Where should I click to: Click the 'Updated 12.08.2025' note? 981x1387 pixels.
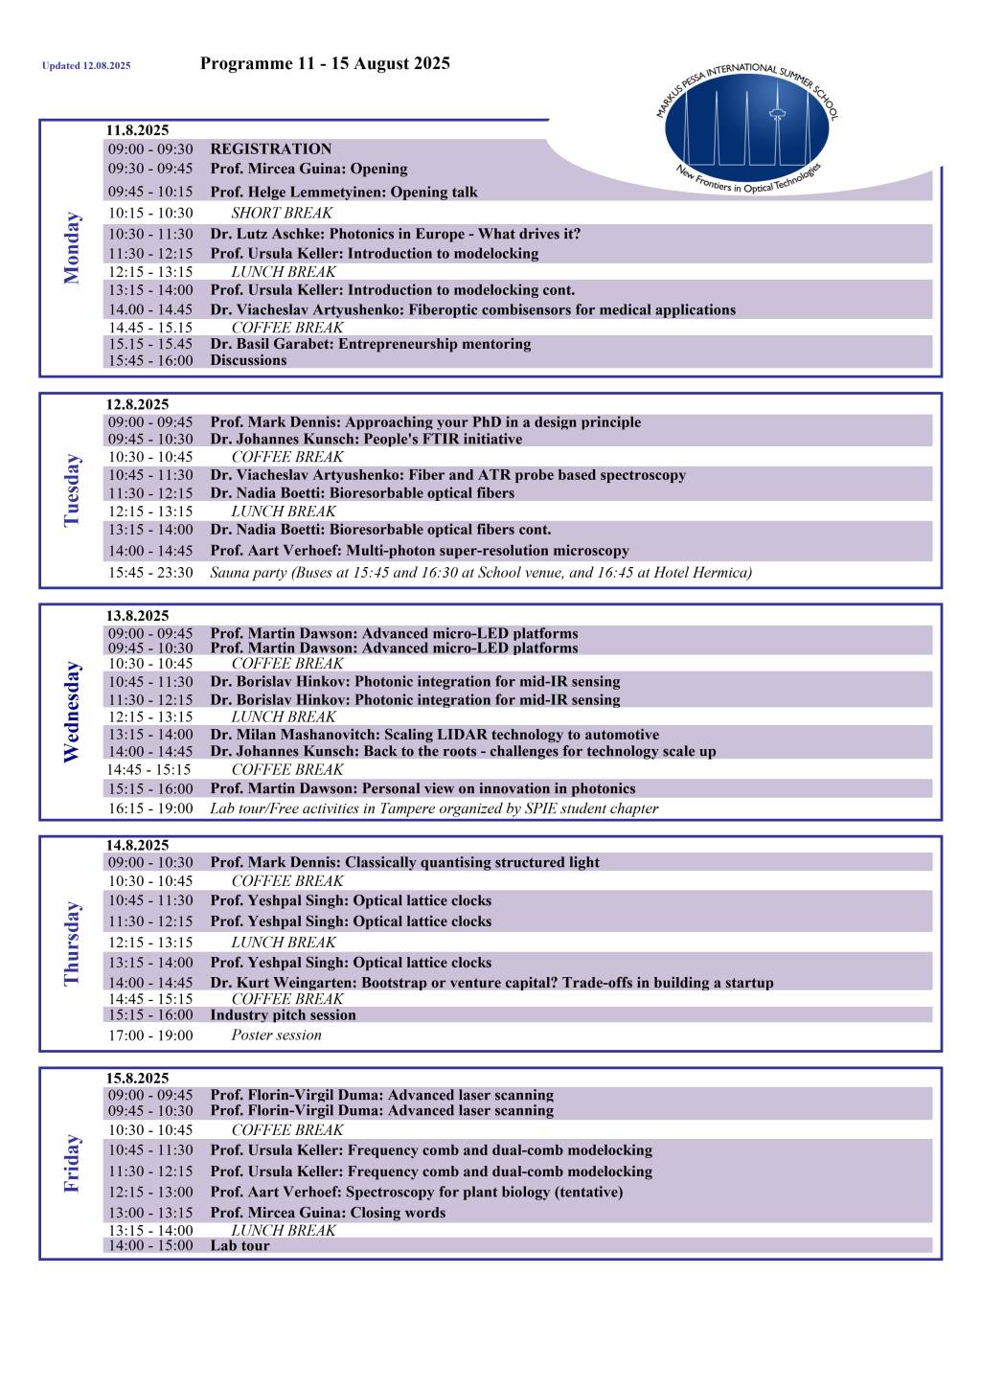(x=86, y=66)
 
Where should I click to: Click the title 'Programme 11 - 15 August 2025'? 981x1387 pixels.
(x=325, y=64)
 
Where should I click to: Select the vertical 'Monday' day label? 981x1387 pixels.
(x=72, y=248)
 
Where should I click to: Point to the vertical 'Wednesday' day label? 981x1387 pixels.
(x=72, y=712)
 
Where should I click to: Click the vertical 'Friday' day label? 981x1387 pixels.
(x=72, y=1164)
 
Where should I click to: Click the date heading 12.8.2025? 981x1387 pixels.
(x=137, y=404)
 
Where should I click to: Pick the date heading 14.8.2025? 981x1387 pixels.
(x=137, y=845)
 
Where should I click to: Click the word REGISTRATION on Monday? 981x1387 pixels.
(x=271, y=148)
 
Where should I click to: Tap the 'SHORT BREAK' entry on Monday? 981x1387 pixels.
(x=282, y=213)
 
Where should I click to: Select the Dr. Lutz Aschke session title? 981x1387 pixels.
(x=396, y=234)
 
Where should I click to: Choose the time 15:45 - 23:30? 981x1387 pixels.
(x=150, y=573)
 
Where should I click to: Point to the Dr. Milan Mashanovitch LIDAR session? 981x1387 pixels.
(x=435, y=735)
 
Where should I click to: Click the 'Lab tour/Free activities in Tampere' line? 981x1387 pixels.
(x=434, y=808)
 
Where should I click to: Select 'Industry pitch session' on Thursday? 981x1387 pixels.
(x=283, y=1015)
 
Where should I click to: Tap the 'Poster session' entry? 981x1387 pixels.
(x=276, y=1035)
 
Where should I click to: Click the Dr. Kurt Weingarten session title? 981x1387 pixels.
(x=491, y=983)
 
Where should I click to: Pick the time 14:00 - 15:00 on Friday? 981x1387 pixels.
(x=150, y=1245)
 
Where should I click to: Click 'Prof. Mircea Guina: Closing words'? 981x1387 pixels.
(x=328, y=1213)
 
